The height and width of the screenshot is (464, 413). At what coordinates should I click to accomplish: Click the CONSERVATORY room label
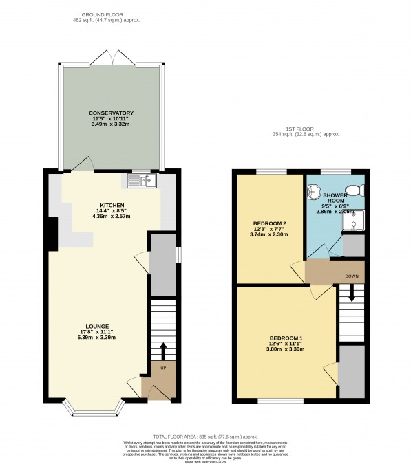click(x=110, y=113)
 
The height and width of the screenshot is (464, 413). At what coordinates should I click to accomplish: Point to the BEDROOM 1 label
click(x=286, y=338)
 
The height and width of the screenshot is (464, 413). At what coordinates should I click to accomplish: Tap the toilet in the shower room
click(x=357, y=190)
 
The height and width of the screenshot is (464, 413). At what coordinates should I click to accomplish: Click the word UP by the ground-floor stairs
click(x=162, y=369)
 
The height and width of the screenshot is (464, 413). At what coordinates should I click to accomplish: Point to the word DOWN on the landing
click(x=352, y=276)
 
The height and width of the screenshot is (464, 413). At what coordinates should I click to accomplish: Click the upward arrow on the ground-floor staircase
click(x=163, y=351)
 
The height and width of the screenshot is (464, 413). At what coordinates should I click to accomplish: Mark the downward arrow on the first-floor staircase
click(x=352, y=295)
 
